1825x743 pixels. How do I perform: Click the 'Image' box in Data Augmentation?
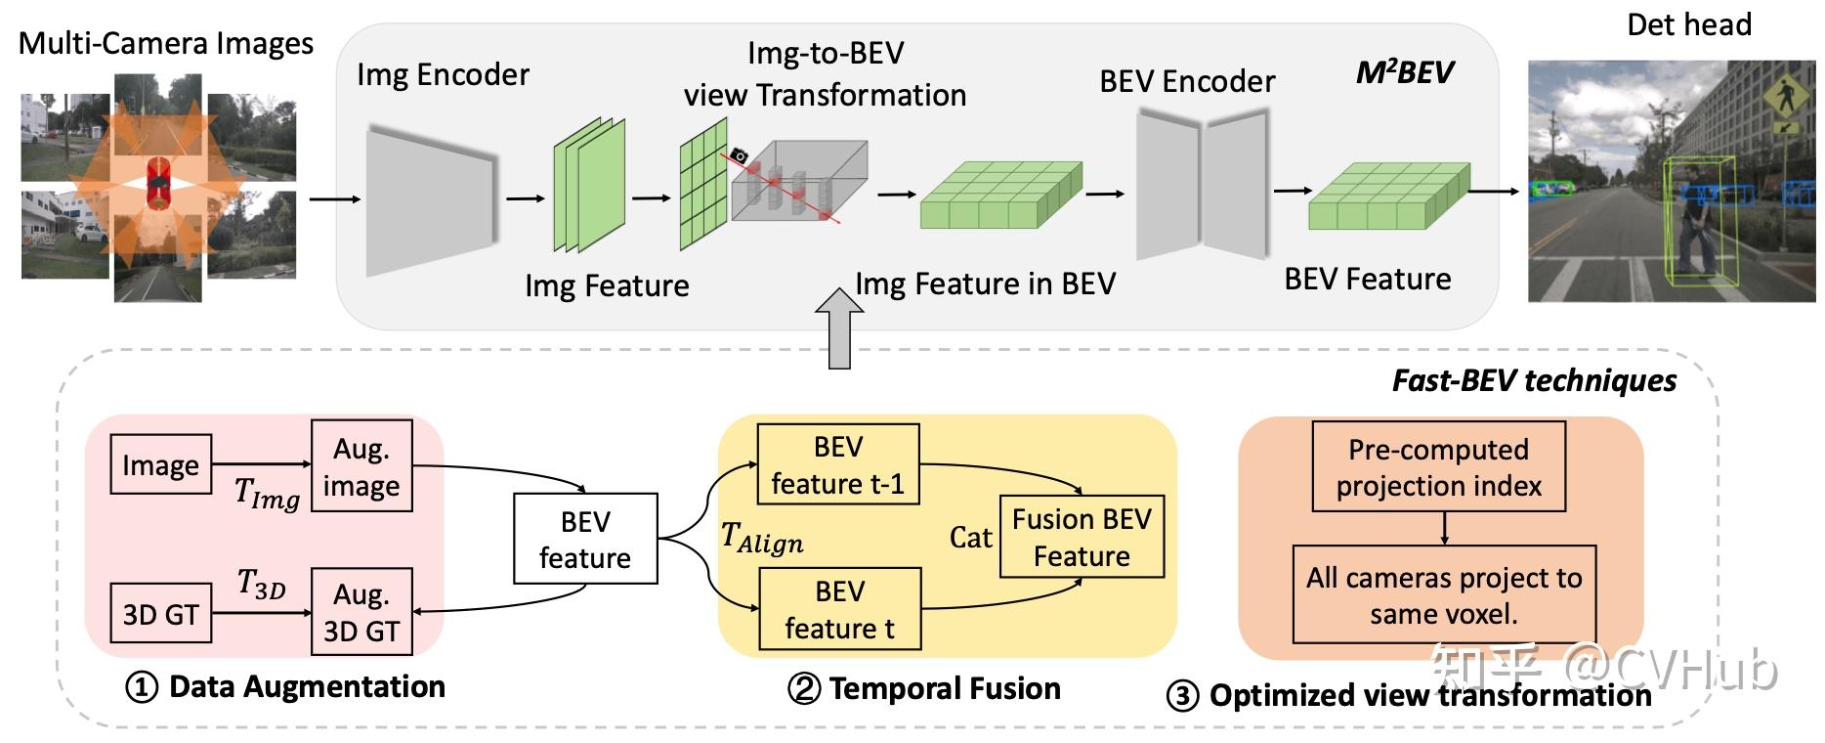click(x=160, y=464)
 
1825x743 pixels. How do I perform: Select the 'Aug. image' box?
click(x=361, y=466)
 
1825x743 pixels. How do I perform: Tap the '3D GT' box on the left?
click(x=160, y=613)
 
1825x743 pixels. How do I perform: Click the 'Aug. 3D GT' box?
click(x=361, y=612)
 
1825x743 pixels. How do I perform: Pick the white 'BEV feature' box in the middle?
click(x=585, y=539)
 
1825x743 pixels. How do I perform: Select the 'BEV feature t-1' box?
click(x=838, y=464)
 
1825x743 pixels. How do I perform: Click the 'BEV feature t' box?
click(x=839, y=609)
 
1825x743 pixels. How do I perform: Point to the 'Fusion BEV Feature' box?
click(x=1082, y=537)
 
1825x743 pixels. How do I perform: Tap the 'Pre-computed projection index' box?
click(x=1438, y=466)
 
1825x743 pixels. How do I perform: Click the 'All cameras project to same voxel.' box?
click(x=1444, y=594)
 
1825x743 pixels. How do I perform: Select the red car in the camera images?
click(x=157, y=185)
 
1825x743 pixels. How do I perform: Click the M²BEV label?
click(x=1404, y=71)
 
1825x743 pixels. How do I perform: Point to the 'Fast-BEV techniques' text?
click(x=1533, y=380)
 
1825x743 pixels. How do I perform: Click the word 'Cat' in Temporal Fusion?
click(x=970, y=538)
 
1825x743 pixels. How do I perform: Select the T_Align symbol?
click(x=761, y=538)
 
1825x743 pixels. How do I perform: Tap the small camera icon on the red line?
click(x=740, y=155)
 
